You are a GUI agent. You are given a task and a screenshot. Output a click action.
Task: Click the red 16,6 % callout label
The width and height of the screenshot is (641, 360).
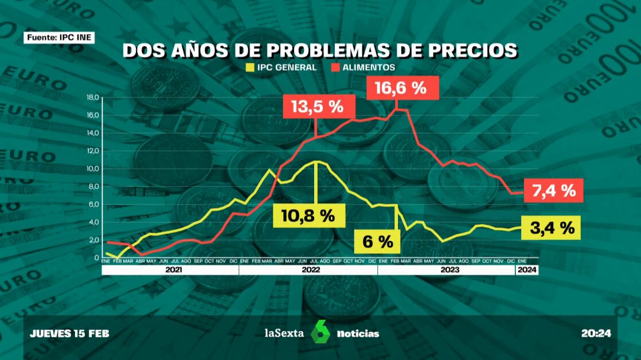(x=401, y=88)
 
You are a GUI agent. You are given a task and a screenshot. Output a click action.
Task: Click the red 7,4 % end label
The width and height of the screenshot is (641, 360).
(x=553, y=190)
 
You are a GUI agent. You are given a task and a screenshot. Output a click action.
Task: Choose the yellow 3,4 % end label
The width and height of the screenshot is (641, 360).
(x=551, y=228)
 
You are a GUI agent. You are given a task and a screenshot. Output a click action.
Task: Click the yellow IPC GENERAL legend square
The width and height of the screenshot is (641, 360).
(x=249, y=68)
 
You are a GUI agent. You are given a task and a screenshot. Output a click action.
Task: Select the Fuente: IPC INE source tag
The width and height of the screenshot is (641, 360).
(x=58, y=38)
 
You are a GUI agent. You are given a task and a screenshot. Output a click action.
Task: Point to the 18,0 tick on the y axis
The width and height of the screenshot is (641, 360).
(x=92, y=97)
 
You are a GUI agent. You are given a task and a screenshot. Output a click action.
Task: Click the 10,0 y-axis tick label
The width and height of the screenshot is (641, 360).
(x=92, y=169)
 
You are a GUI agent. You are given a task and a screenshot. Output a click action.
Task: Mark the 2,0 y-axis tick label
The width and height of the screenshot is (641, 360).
(x=93, y=240)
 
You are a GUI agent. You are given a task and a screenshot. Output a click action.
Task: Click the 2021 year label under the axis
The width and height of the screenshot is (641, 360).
(x=170, y=269)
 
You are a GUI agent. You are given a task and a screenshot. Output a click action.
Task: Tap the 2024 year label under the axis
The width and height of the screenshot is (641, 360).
(x=527, y=269)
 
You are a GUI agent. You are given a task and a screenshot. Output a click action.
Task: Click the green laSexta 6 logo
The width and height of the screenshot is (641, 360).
(x=321, y=332)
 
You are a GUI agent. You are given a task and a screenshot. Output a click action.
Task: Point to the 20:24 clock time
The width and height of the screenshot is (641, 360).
(x=596, y=333)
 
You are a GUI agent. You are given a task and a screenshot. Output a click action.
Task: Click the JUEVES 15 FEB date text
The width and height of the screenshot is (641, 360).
(x=70, y=333)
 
